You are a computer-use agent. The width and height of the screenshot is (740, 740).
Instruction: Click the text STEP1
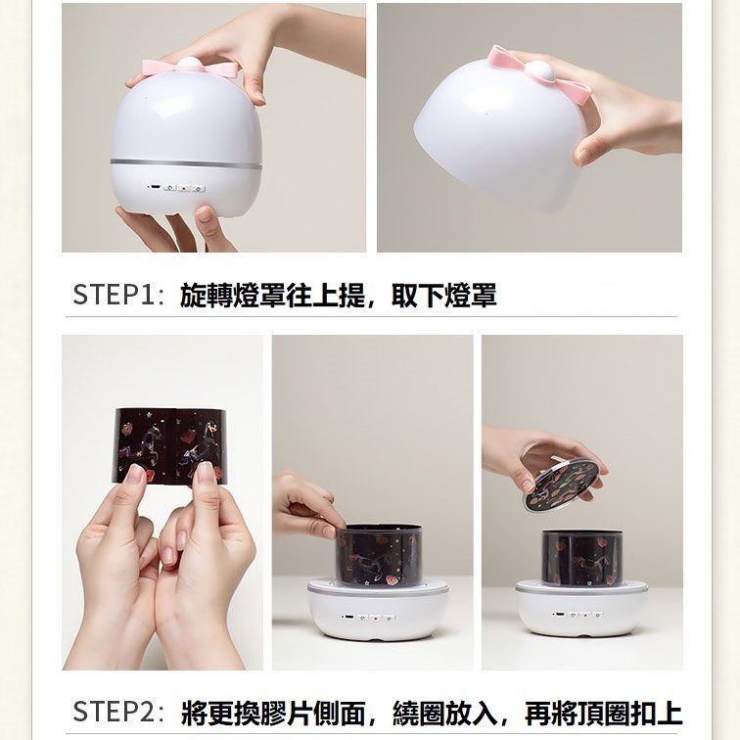(114, 295)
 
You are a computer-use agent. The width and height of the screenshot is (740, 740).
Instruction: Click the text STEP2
(114, 713)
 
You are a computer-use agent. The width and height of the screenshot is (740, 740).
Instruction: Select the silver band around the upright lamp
(186, 162)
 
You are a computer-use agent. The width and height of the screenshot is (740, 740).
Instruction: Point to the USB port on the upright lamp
(154, 187)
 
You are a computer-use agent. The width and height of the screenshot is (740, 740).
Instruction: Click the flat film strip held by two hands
(170, 446)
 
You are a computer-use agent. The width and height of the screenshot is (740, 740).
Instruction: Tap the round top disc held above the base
(560, 486)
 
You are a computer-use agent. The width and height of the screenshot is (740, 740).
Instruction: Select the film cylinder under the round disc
(581, 557)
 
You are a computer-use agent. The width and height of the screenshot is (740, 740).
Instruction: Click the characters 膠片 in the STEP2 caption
(287, 713)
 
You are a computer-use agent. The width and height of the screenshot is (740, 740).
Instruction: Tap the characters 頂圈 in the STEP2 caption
(604, 713)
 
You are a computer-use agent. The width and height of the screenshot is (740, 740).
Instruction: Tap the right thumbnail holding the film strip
(207, 472)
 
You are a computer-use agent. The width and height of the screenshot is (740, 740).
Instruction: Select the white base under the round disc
(581, 611)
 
